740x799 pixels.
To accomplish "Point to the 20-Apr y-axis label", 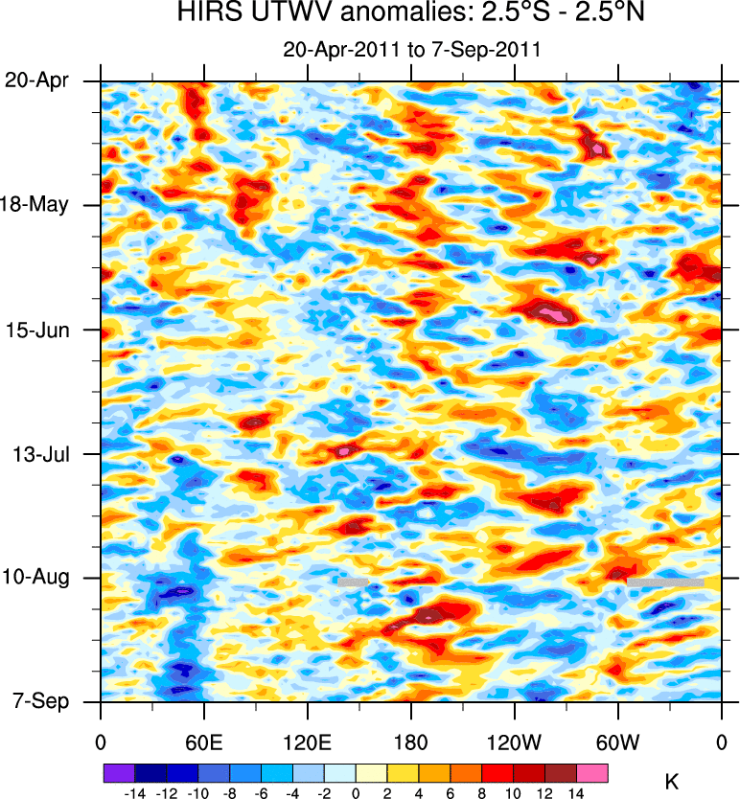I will [x=36, y=80].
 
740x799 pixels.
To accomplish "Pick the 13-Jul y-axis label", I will [x=38, y=453].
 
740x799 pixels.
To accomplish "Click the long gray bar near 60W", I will [x=665, y=582].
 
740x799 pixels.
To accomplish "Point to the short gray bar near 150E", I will [x=353, y=582].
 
